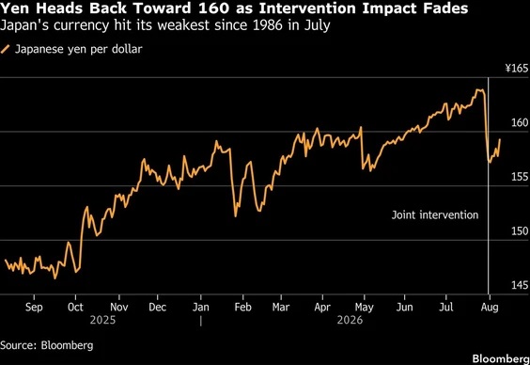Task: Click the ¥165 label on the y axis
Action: coord(517,69)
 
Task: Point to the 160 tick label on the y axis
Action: coord(520,122)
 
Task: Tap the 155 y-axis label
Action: coord(520,177)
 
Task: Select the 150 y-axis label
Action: coord(520,231)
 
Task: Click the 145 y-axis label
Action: coord(520,285)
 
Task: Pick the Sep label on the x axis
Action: coord(34,308)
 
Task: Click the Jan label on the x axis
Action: coord(201,307)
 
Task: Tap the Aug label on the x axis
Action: coord(490,308)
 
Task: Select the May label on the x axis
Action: coord(364,308)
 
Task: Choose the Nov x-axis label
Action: coord(119,307)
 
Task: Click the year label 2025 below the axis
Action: coord(102,320)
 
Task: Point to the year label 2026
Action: coord(350,320)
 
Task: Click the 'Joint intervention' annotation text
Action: coord(435,214)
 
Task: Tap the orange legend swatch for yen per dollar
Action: coord(6,50)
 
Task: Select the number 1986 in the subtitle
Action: coord(270,25)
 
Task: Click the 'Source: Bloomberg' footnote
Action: coord(47,345)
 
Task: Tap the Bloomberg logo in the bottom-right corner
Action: coord(501,358)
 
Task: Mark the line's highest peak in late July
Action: coord(476,89)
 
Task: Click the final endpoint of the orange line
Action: coord(500,139)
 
